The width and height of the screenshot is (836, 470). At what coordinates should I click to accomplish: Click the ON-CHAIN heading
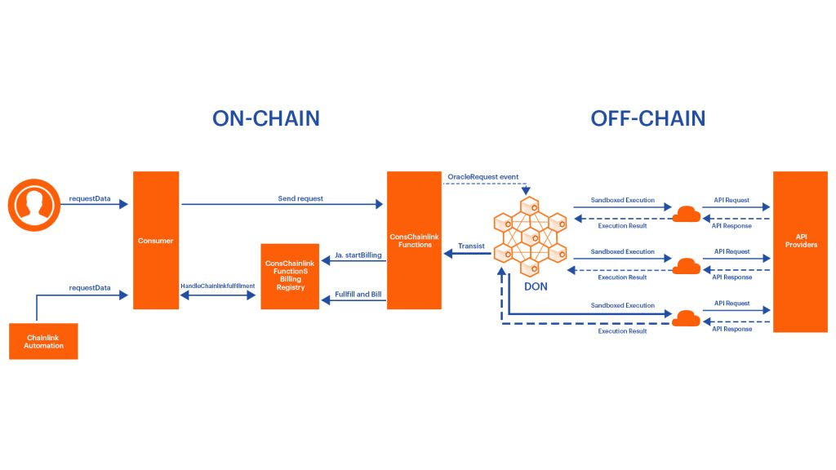pyautogui.click(x=266, y=118)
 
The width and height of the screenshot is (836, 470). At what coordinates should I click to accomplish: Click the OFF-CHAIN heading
pyautogui.click(x=648, y=118)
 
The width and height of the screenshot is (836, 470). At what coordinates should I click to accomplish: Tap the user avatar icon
pyautogui.click(x=34, y=204)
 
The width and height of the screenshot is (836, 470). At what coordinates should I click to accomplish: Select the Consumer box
pyautogui.click(x=156, y=240)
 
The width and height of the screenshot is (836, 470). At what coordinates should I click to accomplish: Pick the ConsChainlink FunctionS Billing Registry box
pyautogui.click(x=290, y=276)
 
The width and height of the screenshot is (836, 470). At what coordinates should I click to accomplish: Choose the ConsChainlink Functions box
pyautogui.click(x=415, y=240)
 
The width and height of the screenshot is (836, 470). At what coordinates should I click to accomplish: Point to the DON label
pyautogui.click(x=535, y=286)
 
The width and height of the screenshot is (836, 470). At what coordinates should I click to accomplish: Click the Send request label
pyautogui.click(x=300, y=198)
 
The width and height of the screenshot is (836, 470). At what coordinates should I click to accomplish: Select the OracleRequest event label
pyautogui.click(x=483, y=177)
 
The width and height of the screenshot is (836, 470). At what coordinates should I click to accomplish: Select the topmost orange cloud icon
pyautogui.click(x=686, y=213)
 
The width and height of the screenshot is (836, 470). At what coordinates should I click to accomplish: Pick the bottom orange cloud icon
pyautogui.click(x=686, y=318)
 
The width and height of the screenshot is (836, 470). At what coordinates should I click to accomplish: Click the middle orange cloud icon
pyautogui.click(x=686, y=265)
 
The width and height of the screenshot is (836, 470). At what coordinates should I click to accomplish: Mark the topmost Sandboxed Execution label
pyautogui.click(x=623, y=200)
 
